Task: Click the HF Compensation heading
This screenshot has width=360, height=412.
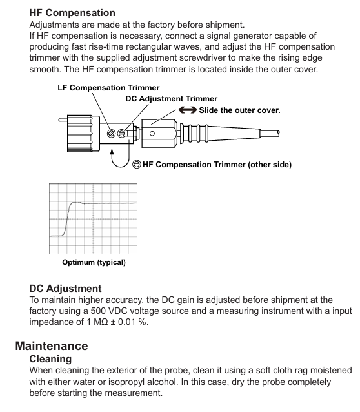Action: click(x=72, y=13)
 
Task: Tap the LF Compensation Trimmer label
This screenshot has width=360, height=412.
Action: click(x=108, y=88)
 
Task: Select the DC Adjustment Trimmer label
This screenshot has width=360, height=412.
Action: click(x=171, y=99)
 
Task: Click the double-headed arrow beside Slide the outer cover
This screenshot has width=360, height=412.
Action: click(x=188, y=110)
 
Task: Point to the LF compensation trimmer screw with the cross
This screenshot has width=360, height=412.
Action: click(x=112, y=134)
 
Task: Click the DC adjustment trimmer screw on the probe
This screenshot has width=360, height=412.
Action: click(x=121, y=134)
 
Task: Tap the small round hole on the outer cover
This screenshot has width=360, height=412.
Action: click(x=152, y=134)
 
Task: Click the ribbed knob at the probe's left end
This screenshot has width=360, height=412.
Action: click(x=80, y=133)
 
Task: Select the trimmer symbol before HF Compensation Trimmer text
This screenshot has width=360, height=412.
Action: click(x=137, y=165)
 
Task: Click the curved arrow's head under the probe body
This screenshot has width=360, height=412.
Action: click(x=112, y=152)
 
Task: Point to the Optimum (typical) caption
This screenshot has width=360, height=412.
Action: click(x=94, y=262)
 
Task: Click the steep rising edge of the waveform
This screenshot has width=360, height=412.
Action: click(x=67, y=220)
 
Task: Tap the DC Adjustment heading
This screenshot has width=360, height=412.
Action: click(x=65, y=289)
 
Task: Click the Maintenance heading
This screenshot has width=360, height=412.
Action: click(x=52, y=345)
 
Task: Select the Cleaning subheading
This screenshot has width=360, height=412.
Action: click(x=50, y=359)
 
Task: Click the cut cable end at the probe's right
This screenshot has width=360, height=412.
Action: click(x=278, y=134)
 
